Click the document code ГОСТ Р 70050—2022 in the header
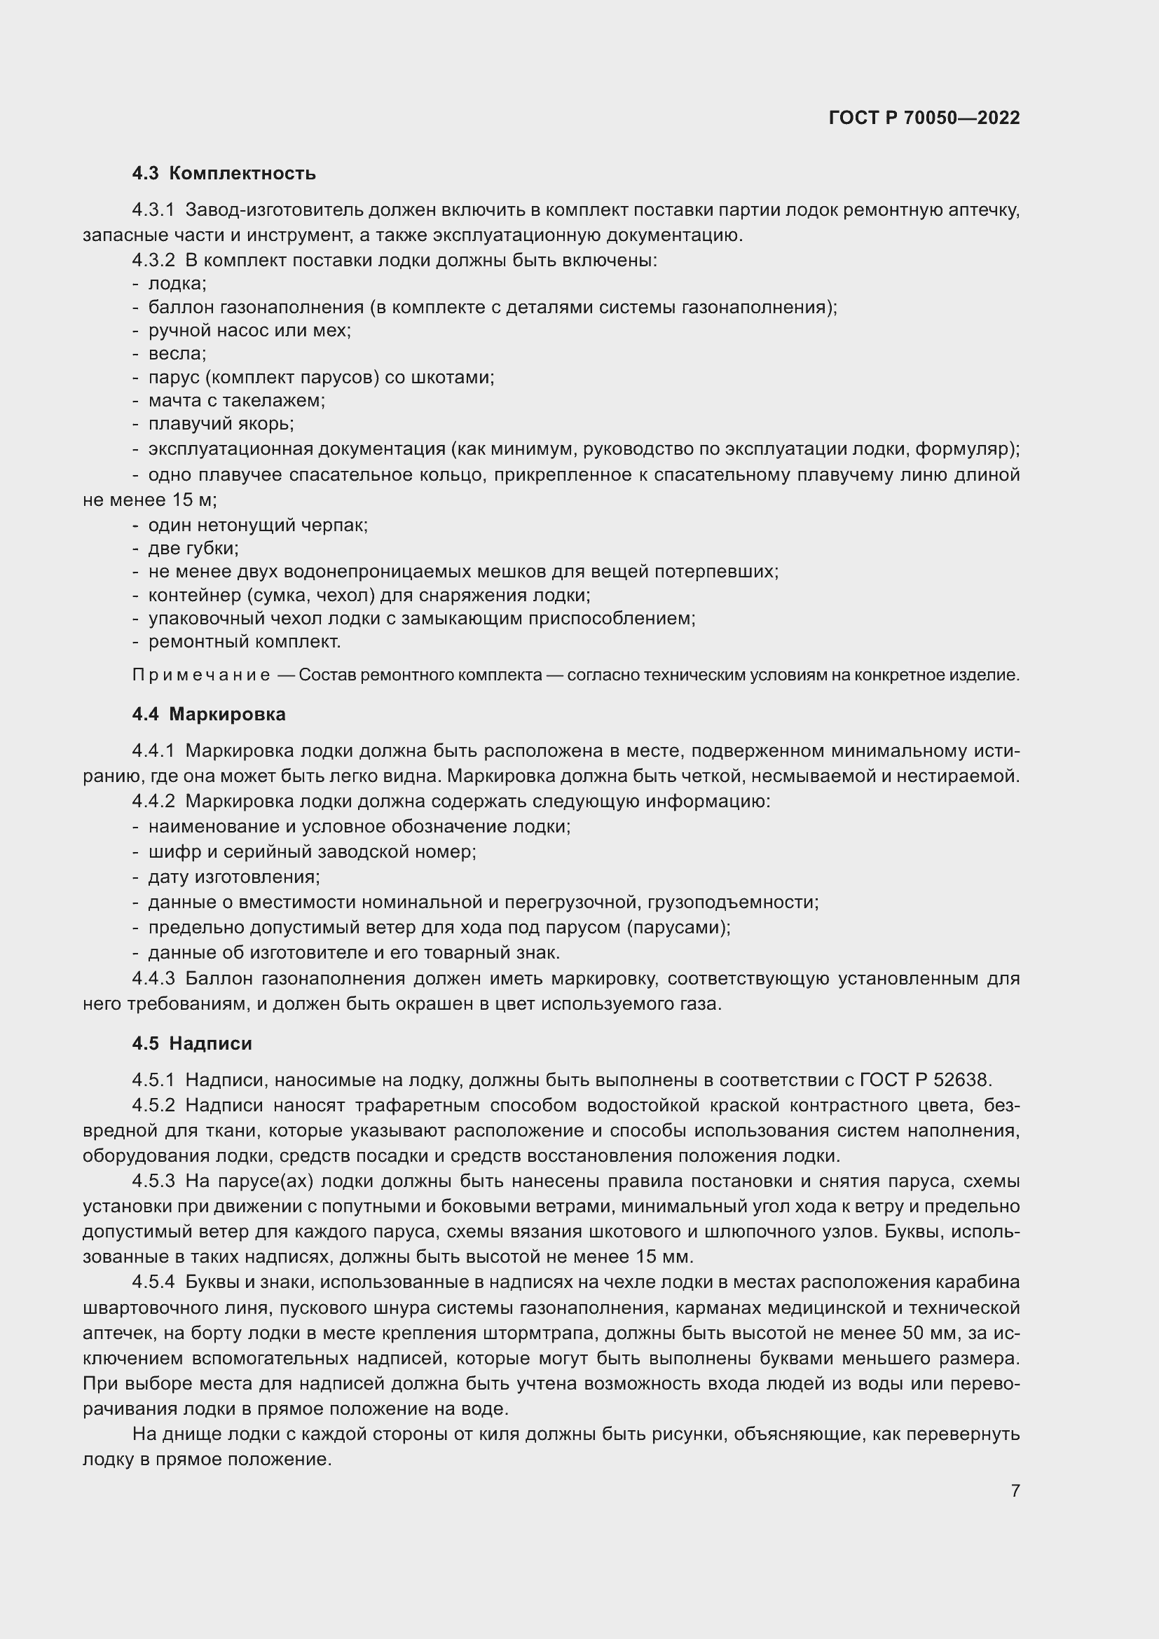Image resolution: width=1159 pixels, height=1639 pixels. click(924, 118)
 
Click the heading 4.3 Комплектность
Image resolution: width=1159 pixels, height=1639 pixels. click(224, 174)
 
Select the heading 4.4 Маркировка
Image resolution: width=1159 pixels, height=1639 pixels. click(208, 715)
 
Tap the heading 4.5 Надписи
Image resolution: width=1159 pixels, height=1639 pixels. click(192, 1043)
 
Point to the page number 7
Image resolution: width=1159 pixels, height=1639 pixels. click(1015, 1490)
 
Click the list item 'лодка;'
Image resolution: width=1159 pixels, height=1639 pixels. click(177, 283)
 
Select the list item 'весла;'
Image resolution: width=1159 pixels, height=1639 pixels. click(177, 353)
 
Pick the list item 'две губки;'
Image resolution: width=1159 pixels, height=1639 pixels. click(193, 548)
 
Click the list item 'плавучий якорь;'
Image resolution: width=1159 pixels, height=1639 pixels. click(221, 424)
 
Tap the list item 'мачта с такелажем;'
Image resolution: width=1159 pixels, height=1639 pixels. click(236, 401)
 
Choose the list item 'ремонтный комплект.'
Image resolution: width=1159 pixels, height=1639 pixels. click(244, 642)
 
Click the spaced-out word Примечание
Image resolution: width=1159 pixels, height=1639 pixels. click(201, 676)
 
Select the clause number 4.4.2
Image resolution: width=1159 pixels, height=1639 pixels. click(153, 802)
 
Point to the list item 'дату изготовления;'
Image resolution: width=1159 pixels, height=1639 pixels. click(234, 877)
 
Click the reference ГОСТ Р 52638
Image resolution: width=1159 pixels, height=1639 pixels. click(926, 1080)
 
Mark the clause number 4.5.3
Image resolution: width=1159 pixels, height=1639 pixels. click(153, 1181)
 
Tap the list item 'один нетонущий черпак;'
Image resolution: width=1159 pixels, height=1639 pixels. click(258, 526)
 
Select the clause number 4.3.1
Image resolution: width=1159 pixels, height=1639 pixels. click(153, 210)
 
